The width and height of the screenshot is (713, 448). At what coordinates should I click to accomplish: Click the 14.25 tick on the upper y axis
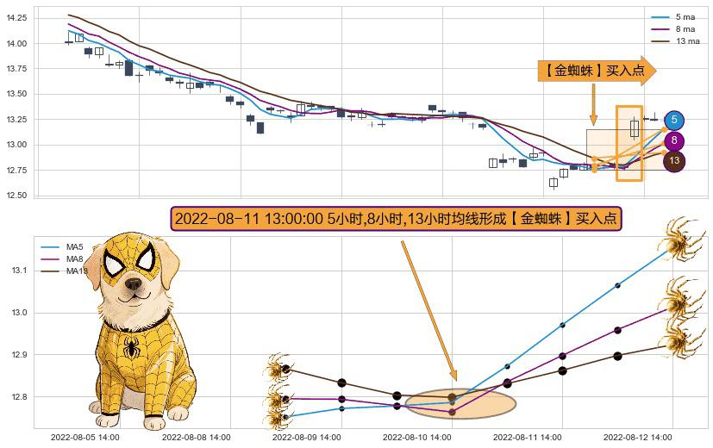pyautogui.click(x=16, y=18)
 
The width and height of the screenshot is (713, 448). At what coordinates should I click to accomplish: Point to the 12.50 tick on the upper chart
pyautogui.click(x=16, y=196)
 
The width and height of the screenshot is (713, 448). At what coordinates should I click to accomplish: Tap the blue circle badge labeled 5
pyautogui.click(x=674, y=120)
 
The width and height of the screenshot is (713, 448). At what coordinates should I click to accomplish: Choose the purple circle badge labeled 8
pyautogui.click(x=674, y=141)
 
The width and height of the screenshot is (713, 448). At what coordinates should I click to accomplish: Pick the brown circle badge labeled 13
pyautogui.click(x=674, y=161)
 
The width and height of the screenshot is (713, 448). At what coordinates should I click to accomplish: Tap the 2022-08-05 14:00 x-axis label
pyautogui.click(x=85, y=438)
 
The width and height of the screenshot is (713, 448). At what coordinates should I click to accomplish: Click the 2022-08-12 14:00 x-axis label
pyautogui.click(x=637, y=438)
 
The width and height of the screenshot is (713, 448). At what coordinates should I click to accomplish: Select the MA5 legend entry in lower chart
pyautogui.click(x=75, y=247)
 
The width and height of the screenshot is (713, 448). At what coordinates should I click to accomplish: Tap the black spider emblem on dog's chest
pyautogui.click(x=131, y=346)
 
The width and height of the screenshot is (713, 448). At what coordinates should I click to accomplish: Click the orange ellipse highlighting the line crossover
pyautogui.click(x=460, y=402)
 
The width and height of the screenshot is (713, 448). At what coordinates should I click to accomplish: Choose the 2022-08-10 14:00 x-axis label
pyautogui.click(x=416, y=438)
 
